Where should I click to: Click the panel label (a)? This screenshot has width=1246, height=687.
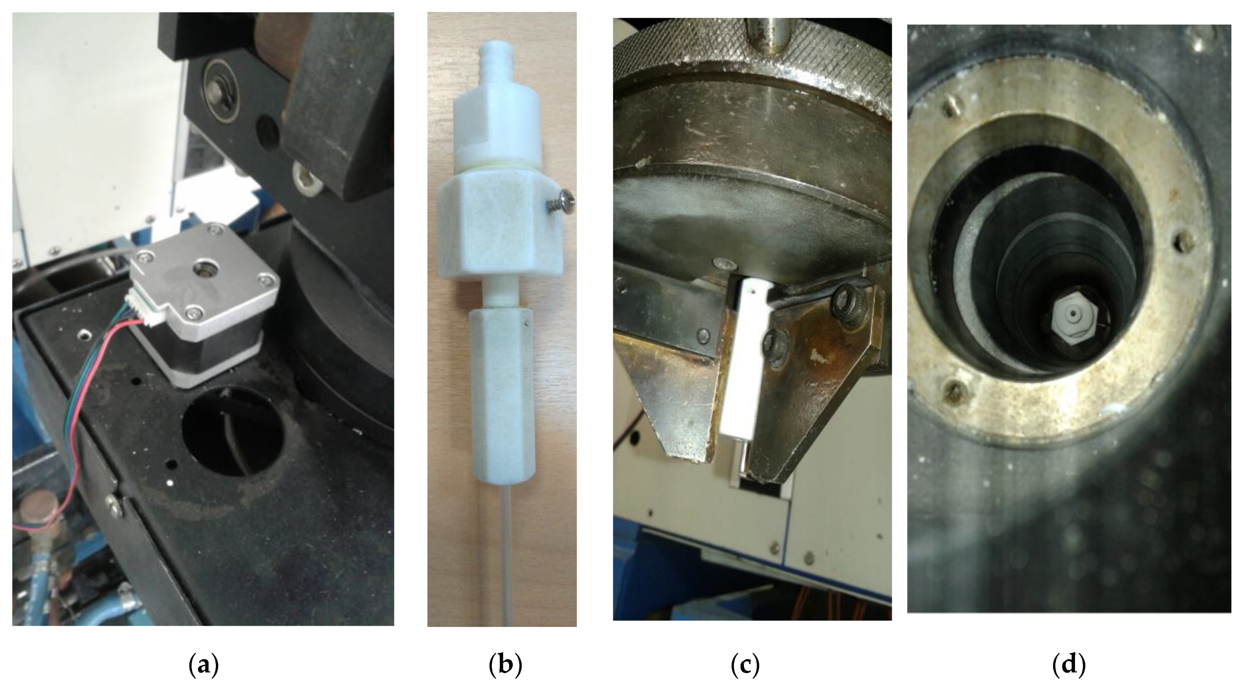[x=203, y=666]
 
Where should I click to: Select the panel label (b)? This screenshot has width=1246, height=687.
[x=505, y=666]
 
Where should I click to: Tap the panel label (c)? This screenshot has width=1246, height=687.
[x=745, y=666]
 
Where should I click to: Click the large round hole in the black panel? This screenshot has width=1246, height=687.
[x=232, y=430]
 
